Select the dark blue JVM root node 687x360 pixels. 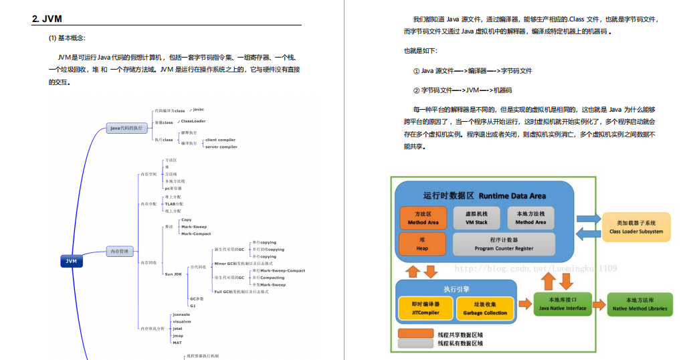tap(71, 261)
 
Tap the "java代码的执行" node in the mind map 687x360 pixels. tap(126, 128)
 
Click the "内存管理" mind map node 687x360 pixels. tap(120, 252)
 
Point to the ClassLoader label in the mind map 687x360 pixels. tap(193, 121)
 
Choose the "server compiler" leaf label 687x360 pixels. tap(221, 147)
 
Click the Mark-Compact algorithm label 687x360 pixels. tap(196, 234)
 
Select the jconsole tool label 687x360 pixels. tap(182, 314)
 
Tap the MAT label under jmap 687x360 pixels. tap(177, 343)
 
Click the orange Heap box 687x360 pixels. tap(422, 244)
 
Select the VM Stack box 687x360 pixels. tap(476, 217)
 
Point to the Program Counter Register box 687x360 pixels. tap(504, 244)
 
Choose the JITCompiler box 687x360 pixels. tap(425, 308)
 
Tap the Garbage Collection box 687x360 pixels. tap(485, 308)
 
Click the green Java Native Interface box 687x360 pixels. tap(562, 304)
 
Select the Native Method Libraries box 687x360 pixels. tap(639, 304)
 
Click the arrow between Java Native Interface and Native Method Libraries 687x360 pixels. tap(599, 304)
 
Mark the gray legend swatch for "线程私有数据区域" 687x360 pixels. tap(415, 343)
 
